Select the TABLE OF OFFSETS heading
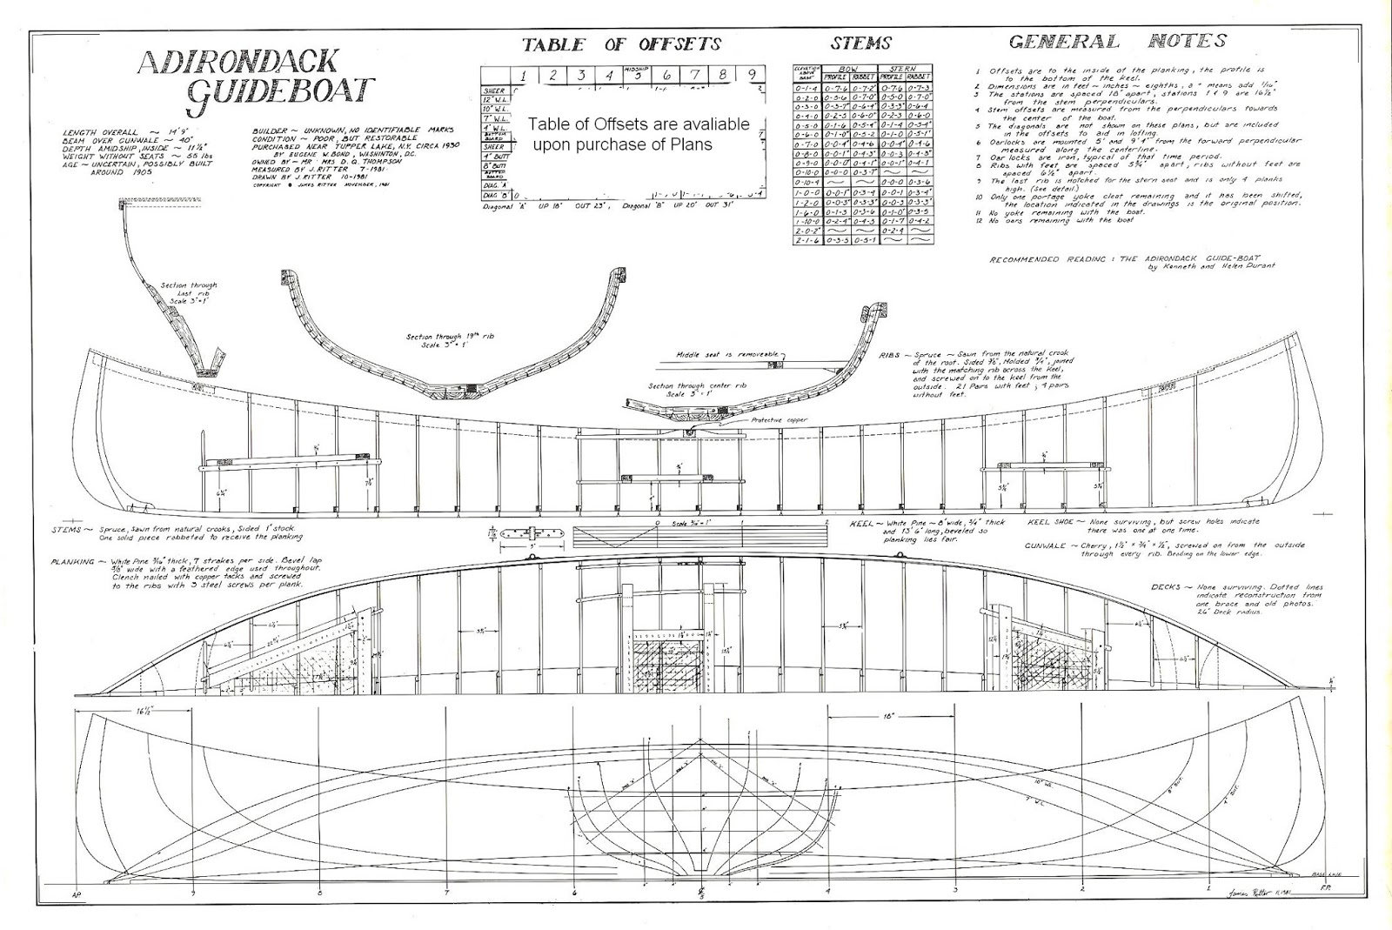622,44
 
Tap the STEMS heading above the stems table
862,43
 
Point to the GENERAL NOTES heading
1117,41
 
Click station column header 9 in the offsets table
752,75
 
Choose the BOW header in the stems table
836,67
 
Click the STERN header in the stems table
906,67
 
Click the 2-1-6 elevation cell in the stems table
807,239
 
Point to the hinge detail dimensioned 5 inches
528,532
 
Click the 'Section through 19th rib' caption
448,338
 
